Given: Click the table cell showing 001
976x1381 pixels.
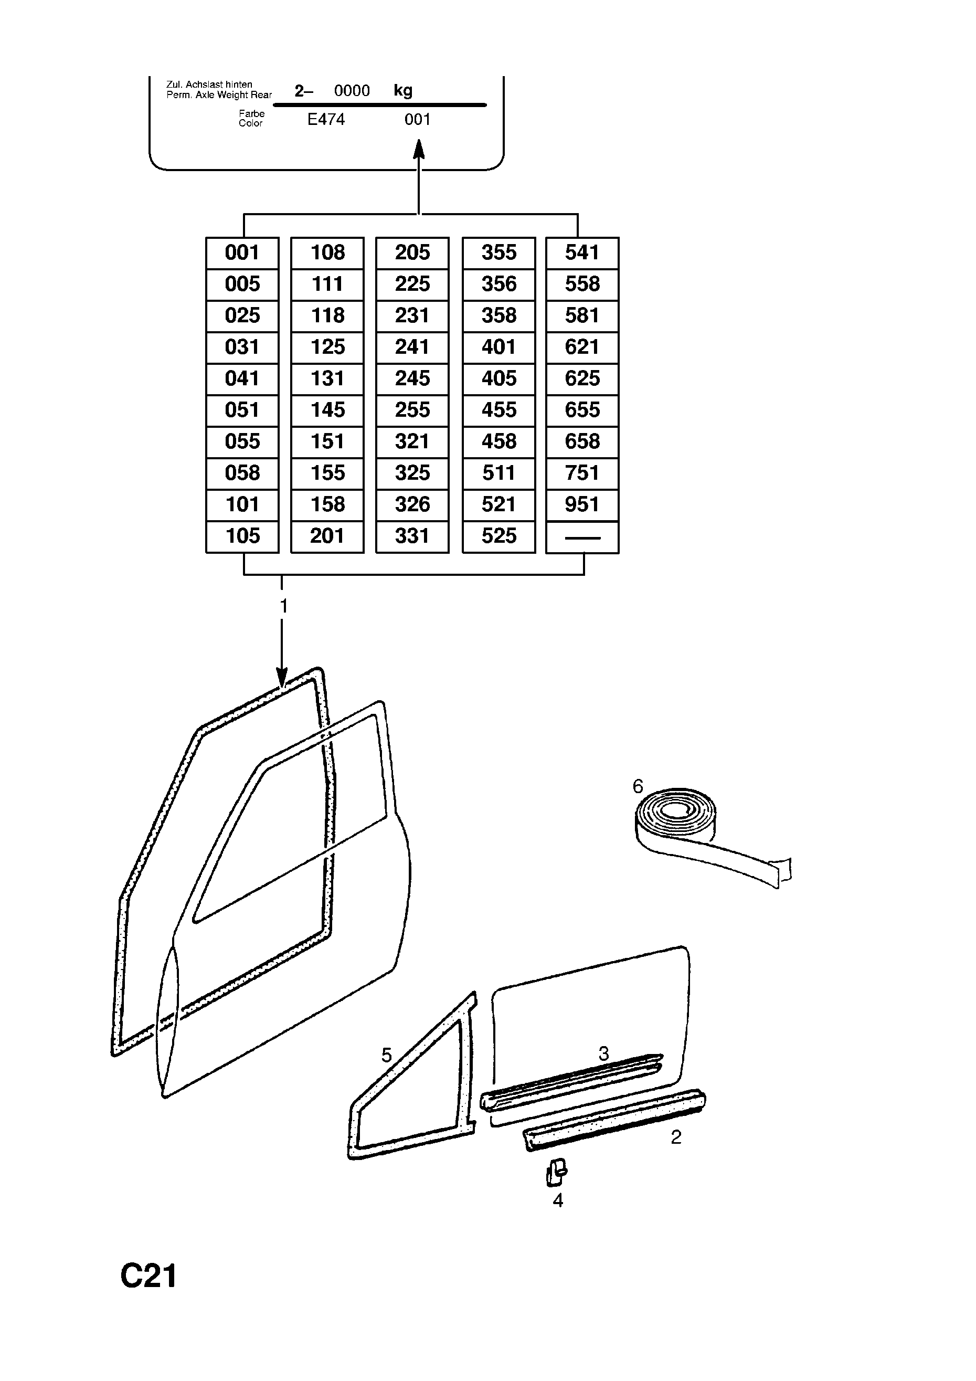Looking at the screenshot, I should [242, 252].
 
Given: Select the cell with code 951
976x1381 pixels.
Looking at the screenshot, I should [582, 504].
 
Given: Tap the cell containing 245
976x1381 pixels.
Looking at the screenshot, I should [412, 378].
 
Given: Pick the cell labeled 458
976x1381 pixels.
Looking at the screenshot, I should [498, 441].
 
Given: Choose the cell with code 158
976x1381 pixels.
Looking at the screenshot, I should [327, 504].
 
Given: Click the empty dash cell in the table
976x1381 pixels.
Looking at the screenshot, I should [582, 537].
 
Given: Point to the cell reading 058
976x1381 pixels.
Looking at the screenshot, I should [242, 473].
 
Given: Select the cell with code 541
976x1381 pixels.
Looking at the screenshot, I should [582, 252].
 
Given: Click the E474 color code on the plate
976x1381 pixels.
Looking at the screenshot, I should [326, 120].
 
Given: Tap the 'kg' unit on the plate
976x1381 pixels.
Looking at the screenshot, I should [403, 91].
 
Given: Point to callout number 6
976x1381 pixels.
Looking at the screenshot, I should [638, 786].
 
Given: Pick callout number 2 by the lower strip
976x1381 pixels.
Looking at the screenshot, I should [676, 1137].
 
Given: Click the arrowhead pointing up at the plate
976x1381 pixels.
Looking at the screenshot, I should [419, 149].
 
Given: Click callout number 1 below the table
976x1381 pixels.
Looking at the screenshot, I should [284, 606].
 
